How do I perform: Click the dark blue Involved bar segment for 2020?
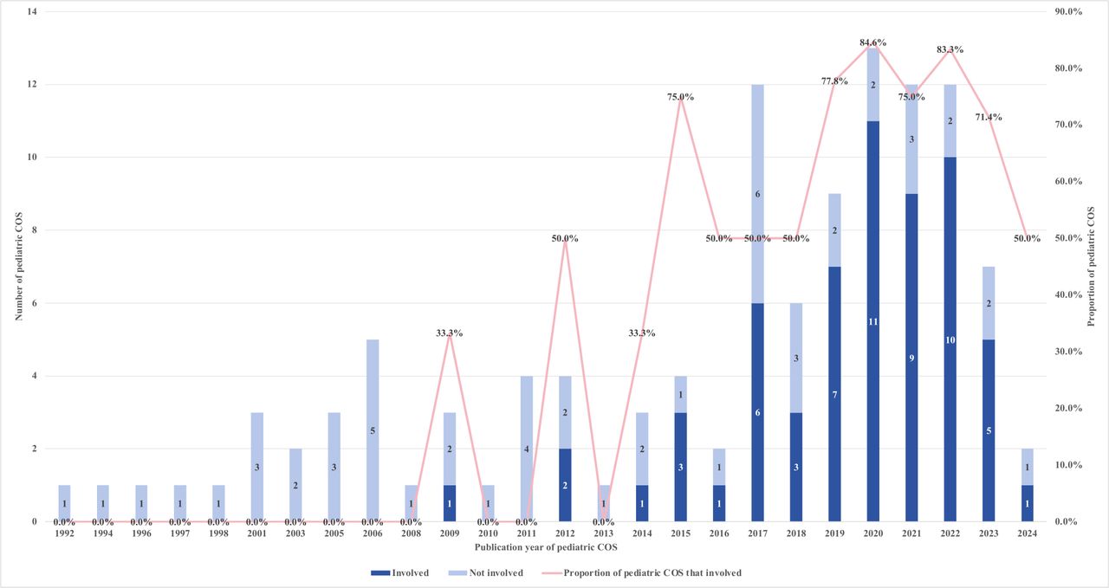(872, 321)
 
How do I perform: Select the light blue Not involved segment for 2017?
(757, 193)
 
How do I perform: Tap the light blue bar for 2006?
(373, 430)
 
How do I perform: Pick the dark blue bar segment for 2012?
(565, 485)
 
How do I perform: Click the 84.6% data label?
(872, 42)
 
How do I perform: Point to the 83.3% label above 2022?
(950, 49)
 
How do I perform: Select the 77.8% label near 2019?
(834, 81)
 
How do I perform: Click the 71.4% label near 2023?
(989, 117)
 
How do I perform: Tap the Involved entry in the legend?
(400, 573)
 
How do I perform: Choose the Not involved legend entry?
(486, 573)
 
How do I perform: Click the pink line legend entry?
(642, 573)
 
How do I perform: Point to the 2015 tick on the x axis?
(681, 533)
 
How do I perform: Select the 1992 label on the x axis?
(64, 533)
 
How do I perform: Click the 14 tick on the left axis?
(32, 12)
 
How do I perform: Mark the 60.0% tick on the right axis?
(1069, 181)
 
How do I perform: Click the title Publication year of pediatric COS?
(546, 547)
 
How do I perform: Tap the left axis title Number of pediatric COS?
(19, 266)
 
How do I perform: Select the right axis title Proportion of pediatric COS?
(1091, 266)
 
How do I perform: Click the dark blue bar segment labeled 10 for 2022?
(950, 339)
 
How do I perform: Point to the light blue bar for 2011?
(527, 449)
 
